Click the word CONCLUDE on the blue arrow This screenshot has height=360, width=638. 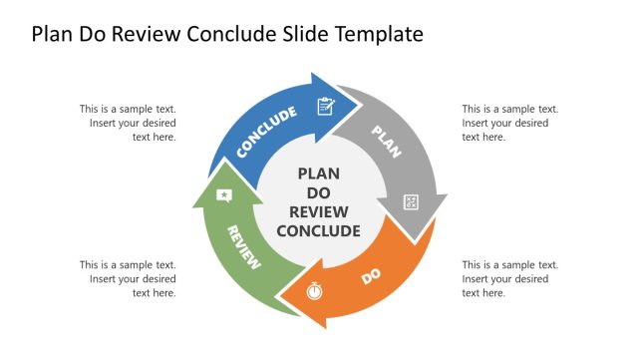pyautogui.click(x=267, y=133)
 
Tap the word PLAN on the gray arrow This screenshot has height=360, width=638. pyautogui.click(x=386, y=142)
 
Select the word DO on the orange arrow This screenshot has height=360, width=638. pyautogui.click(x=372, y=276)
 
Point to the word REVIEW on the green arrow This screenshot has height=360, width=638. pyautogui.click(x=244, y=247)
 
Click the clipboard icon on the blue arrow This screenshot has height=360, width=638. pyautogui.click(x=325, y=106)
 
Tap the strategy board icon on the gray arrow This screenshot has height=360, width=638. pyautogui.click(x=411, y=202)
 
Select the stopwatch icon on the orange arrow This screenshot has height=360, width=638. pyautogui.click(x=315, y=291)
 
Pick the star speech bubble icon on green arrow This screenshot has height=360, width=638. pyautogui.click(x=224, y=194)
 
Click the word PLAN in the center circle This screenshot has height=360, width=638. pyautogui.click(x=318, y=174)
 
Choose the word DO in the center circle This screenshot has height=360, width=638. pyautogui.click(x=318, y=192)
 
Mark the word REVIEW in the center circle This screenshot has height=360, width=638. pyautogui.click(x=318, y=211)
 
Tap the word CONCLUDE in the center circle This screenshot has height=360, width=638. pyautogui.click(x=318, y=231)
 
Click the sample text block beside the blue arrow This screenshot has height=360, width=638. pyautogui.click(x=129, y=123)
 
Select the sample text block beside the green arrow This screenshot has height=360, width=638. pyautogui.click(x=129, y=279)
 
